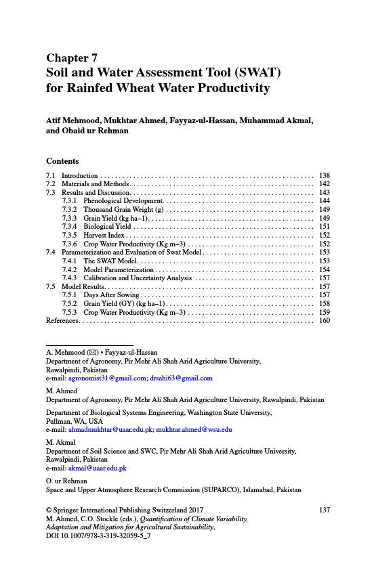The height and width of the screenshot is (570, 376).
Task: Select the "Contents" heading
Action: pyautogui.click(x=62, y=161)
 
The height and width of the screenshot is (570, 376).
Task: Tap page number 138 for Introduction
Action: pyautogui.click(x=324, y=176)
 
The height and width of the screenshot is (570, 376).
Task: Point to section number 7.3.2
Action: pyautogui.click(x=70, y=210)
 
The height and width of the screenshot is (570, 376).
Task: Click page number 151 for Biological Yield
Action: pyautogui.click(x=324, y=227)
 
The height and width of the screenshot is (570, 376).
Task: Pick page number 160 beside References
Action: pyautogui.click(x=324, y=320)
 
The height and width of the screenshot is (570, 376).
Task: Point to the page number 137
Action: pyautogui.click(x=324, y=510)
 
